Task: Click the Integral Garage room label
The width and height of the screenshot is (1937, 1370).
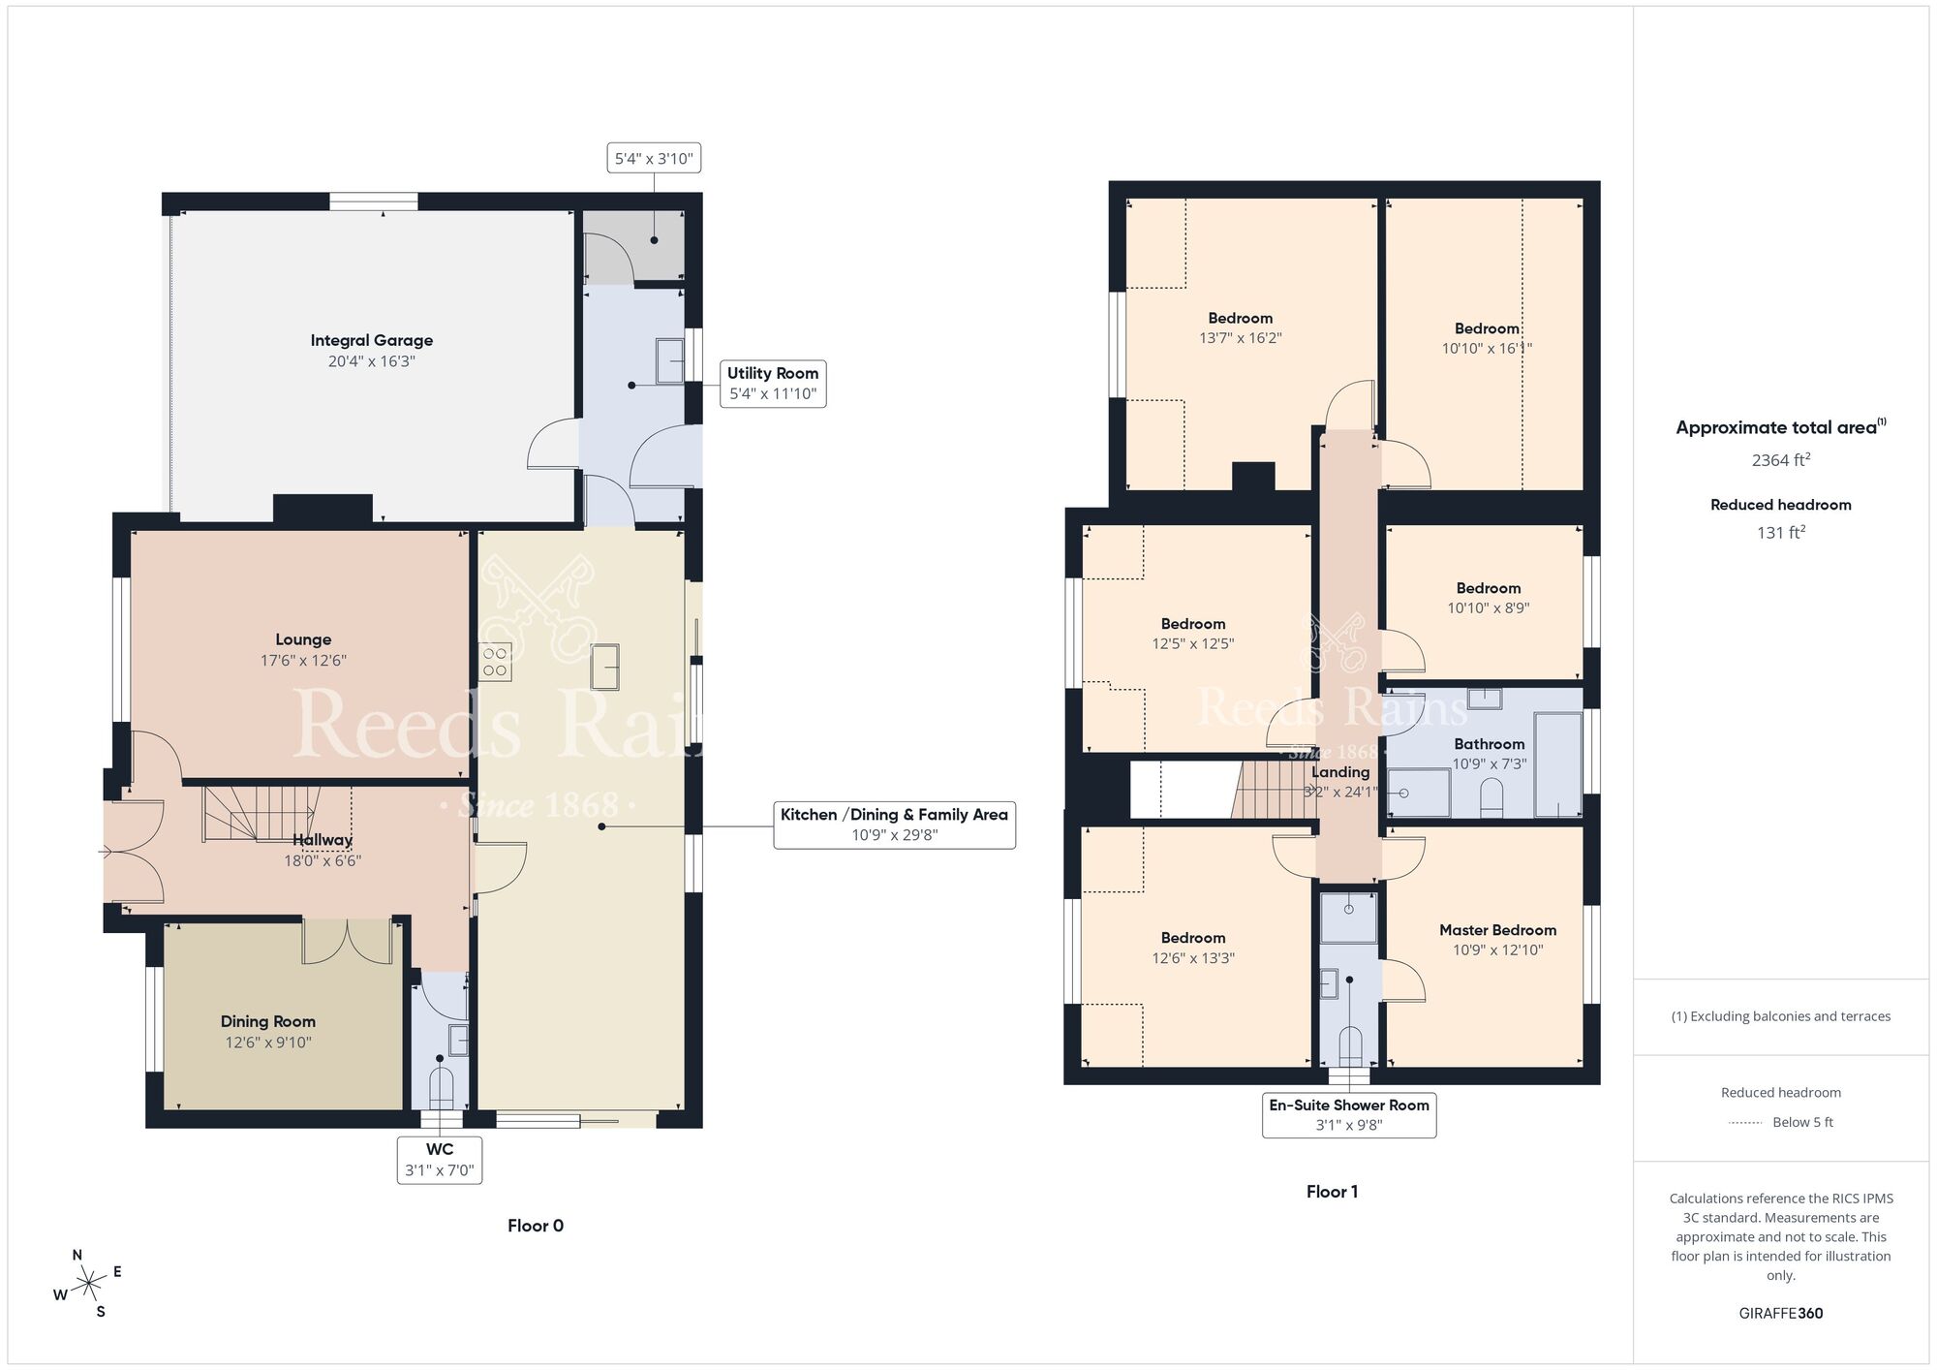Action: coord(371,340)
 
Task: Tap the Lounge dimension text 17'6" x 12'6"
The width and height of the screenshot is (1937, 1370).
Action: coord(303,661)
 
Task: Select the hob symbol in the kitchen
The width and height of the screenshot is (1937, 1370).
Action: coord(495,662)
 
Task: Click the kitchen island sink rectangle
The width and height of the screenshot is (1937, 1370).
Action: coord(604,667)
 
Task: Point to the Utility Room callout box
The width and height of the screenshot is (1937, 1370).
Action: coord(772,384)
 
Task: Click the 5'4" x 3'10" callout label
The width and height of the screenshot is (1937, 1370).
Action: coord(654,159)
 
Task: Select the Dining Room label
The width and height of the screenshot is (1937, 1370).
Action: coord(267,1021)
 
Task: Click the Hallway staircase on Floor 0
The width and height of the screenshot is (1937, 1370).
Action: coord(261,812)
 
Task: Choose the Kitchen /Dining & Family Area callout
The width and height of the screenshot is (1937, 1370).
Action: coord(894,825)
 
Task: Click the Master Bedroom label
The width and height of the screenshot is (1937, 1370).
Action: coord(1497,930)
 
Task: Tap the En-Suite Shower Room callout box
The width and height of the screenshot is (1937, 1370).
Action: coord(1348,1114)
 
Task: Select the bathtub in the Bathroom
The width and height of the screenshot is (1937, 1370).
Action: coord(1557,764)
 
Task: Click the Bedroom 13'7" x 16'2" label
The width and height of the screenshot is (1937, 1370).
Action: coord(1240,319)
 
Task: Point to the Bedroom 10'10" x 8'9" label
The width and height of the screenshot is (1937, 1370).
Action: coord(1488,588)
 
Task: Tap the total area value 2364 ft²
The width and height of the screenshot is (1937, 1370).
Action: coord(1780,460)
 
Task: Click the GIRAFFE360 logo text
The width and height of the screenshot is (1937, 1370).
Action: coord(1780,1314)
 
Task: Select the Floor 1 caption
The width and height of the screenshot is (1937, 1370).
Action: coord(1332,1192)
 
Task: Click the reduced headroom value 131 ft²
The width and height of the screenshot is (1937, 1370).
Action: coord(1780,532)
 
